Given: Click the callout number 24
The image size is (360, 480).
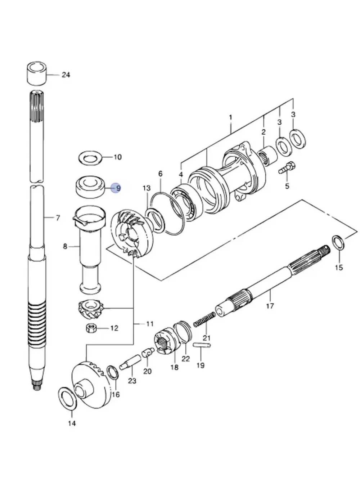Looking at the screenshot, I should pyautogui.click(x=66, y=75).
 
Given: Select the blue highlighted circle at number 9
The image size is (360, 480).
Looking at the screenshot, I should pyautogui.click(x=116, y=188).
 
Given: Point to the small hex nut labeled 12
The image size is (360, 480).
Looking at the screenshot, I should pyautogui.click(x=91, y=328).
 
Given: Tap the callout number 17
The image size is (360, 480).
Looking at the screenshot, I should pyautogui.click(x=270, y=306).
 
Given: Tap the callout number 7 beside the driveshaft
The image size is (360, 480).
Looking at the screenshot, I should pyautogui.click(x=57, y=217).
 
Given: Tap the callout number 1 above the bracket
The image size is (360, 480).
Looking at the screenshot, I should pyautogui.click(x=230, y=117).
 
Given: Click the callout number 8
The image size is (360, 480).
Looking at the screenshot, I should pyautogui.click(x=65, y=246).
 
